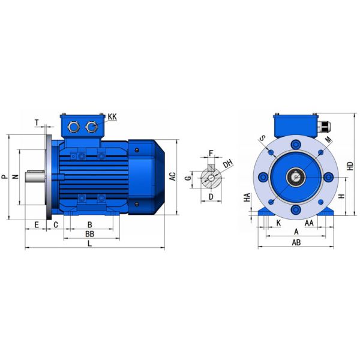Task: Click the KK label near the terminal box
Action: pos(112,117)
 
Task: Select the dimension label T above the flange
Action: pos(37,123)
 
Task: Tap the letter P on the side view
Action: pos(5,176)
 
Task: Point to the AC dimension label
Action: pos(172,176)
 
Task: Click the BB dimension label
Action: pos(90,234)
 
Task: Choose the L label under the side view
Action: pos(89,244)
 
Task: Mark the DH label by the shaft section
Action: pos(228,163)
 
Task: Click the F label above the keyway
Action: pos(211,153)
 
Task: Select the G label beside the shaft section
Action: pos(188,178)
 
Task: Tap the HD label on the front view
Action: pos(350,166)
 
